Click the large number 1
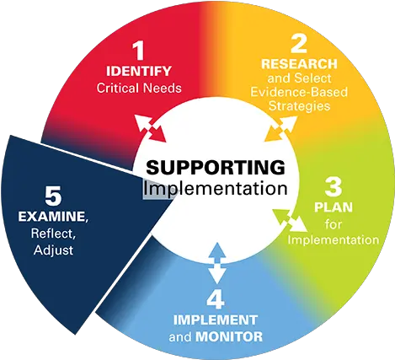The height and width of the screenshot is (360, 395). click(139, 51)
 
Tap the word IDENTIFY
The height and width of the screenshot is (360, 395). click(139, 71)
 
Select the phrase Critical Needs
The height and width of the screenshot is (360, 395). click(139, 88)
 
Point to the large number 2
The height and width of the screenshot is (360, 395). click(299, 43)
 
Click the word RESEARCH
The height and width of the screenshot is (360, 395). click(299, 64)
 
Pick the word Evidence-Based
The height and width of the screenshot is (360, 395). click(299, 92)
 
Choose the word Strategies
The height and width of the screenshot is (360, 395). click(299, 106)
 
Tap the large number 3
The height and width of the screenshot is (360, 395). click(334, 186)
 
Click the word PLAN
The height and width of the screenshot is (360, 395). click(334, 207)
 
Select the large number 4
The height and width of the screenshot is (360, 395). click(216, 299)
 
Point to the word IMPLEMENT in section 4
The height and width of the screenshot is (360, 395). click(216, 320)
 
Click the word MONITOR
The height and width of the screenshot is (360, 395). click(229, 336)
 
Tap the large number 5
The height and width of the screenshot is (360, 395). click(53, 196)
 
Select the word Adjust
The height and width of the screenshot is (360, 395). click(53, 250)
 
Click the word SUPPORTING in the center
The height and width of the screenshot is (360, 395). click(216, 168)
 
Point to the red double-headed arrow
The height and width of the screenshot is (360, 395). click(151, 128)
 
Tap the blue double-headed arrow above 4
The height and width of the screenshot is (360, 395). click(216, 264)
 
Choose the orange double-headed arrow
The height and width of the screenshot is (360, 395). click(280, 128)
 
